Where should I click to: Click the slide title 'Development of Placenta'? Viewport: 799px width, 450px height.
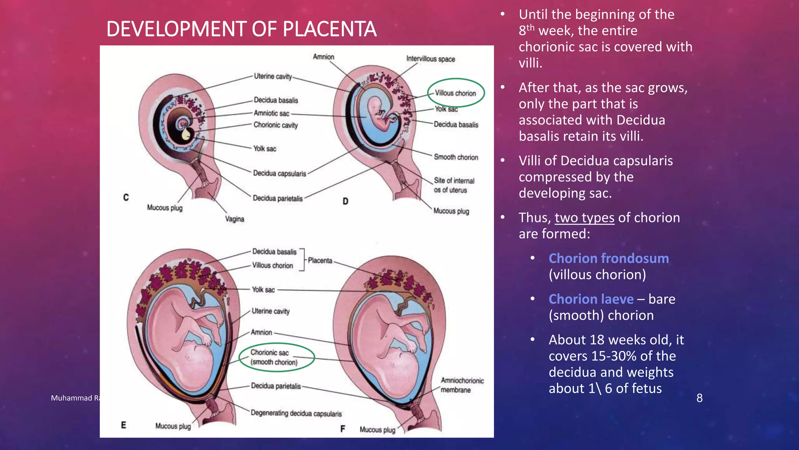(241, 29)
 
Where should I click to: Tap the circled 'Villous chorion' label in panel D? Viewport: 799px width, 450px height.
(455, 93)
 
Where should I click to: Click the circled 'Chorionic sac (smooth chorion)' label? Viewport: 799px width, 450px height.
(274, 357)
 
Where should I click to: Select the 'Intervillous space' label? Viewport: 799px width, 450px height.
(430, 59)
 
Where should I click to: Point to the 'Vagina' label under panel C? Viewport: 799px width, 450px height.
(234, 219)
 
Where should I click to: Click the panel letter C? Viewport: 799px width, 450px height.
(126, 197)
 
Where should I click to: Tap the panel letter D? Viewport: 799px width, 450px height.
(345, 201)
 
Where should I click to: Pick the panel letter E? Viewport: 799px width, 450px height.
(123, 425)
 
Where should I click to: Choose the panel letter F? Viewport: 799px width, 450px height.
(343, 429)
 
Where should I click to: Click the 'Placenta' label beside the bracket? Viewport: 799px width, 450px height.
(320, 261)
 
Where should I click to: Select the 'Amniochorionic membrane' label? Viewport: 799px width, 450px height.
(462, 385)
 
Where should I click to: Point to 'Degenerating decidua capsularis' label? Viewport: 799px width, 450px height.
(296, 413)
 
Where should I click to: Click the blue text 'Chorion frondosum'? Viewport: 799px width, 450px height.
(608, 258)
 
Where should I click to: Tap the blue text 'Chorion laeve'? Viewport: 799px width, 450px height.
(591, 299)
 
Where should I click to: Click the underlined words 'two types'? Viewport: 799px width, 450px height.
(584, 218)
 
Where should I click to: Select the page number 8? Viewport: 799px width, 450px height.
(700, 398)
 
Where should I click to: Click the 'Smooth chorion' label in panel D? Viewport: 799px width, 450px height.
(456, 157)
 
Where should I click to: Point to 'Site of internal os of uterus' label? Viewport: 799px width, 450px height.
(454, 185)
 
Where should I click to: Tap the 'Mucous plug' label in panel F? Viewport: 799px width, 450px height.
(377, 430)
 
